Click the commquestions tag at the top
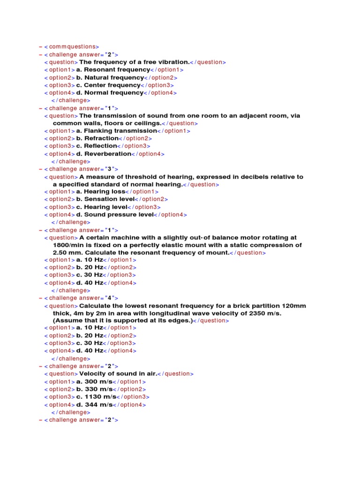[72, 46]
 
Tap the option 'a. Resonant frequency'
[113, 69]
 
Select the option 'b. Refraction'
[97, 138]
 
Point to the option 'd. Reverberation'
[104, 154]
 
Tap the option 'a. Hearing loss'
[101, 192]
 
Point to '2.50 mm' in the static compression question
[66, 253]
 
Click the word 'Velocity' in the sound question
[92, 374]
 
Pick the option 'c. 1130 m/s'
[98, 397]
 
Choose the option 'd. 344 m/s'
[96, 405]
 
